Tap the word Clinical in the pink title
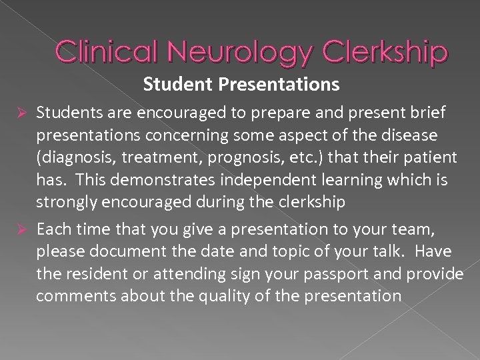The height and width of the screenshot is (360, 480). [x=109, y=51]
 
